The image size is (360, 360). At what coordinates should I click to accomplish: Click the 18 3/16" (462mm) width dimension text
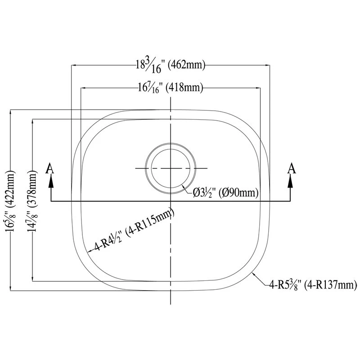tap(170, 66)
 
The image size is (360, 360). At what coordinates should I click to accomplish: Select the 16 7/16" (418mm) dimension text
tap(171, 88)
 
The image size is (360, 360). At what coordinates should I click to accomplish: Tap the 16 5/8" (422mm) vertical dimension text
tap(10, 200)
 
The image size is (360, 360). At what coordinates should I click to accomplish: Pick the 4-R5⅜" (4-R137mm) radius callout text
tap(313, 285)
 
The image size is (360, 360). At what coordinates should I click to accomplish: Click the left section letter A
tap(50, 168)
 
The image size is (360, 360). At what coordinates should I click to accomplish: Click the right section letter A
tap(292, 168)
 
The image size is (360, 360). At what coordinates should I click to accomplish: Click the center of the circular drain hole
tap(171, 168)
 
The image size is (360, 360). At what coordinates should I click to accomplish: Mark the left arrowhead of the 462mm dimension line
tap(74, 65)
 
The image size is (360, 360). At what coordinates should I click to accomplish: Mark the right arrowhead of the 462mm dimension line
tap(267, 65)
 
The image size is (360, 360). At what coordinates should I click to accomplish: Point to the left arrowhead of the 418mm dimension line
tap(83, 88)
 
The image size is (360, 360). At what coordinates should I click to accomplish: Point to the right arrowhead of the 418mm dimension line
tap(258, 88)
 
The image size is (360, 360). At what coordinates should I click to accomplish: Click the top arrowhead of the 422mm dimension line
tap(10, 113)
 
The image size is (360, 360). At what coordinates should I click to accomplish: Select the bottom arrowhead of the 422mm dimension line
tap(10, 288)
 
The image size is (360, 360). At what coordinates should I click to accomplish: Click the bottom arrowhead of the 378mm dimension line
tap(33, 279)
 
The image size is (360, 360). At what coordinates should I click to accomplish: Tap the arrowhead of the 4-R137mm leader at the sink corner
tap(253, 274)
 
